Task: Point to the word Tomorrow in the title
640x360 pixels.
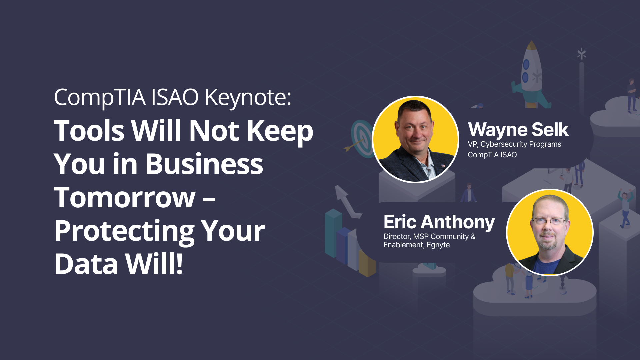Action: [125, 197]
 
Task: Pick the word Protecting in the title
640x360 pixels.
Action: [124, 232]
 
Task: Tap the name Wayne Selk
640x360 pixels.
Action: [518, 130]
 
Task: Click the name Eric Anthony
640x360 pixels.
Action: [439, 223]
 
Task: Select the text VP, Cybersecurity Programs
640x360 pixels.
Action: [514, 144]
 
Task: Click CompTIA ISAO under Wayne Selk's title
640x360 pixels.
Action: [492, 155]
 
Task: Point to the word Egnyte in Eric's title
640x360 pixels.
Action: [438, 245]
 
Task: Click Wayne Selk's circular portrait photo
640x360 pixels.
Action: [415, 139]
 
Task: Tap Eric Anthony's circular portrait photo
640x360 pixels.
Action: [550, 232]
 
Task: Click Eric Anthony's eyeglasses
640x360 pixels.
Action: [549, 221]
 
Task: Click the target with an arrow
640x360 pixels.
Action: [360, 139]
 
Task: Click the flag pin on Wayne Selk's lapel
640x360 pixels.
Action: [443, 165]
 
